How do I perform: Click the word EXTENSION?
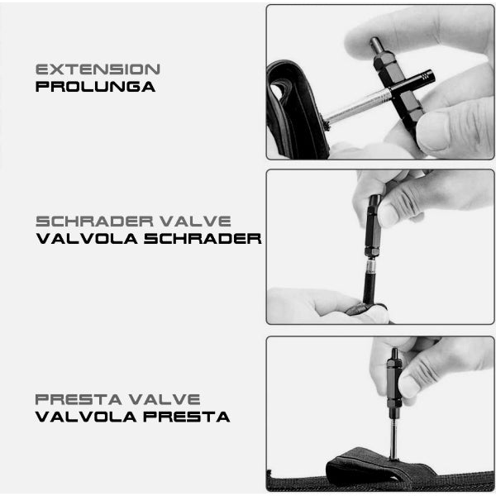click(98, 69)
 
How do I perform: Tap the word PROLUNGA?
click(95, 87)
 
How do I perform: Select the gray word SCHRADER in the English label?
click(94, 222)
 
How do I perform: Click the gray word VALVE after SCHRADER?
click(195, 222)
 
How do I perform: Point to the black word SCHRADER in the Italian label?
click(203, 239)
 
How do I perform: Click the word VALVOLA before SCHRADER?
click(87, 239)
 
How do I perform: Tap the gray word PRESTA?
click(79, 399)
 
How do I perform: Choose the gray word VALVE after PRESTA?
click(165, 399)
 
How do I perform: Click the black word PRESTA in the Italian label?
click(187, 417)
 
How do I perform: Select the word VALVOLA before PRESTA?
click(86, 417)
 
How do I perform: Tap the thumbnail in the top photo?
click(432, 131)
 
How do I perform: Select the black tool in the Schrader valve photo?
click(374, 227)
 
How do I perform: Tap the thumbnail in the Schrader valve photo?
click(389, 215)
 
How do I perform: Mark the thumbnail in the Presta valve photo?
click(410, 386)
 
